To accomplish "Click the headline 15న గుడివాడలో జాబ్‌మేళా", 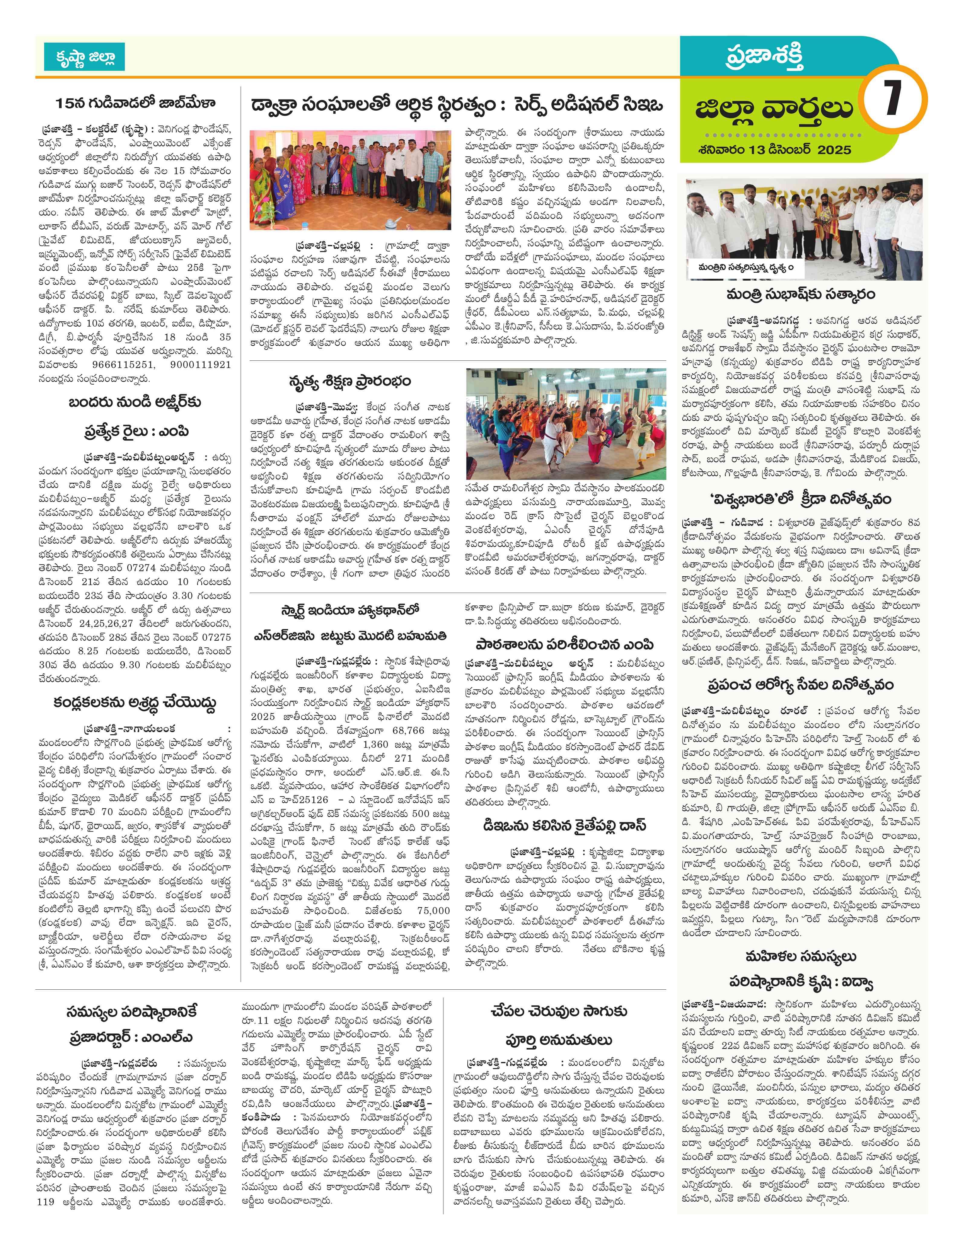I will pos(136,104).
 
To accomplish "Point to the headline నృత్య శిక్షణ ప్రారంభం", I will pos(350,382).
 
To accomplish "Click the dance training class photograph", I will pos(566,424).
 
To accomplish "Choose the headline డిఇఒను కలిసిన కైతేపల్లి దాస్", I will pos(565,826).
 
